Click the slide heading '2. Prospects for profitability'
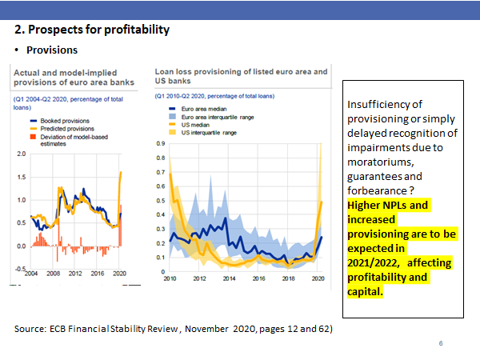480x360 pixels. (93, 30)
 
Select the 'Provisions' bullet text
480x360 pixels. (52, 50)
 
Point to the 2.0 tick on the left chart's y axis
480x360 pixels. (22, 154)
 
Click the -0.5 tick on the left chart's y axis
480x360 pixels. (21, 269)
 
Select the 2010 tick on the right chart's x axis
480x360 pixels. (170, 280)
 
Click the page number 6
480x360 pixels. (441, 343)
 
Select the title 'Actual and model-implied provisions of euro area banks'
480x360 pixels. (66, 77)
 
